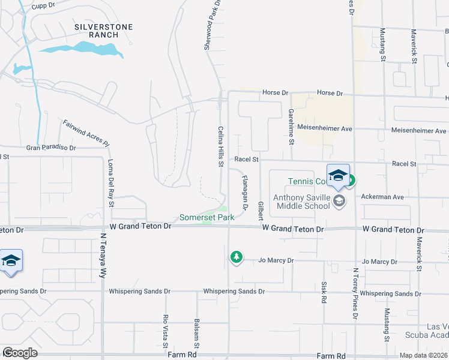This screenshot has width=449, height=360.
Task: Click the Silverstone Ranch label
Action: coord(103,31)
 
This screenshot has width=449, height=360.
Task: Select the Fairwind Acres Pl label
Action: coord(86,133)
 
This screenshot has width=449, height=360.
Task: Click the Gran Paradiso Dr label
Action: coord(51,147)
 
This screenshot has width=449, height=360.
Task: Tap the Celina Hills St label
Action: coord(220,147)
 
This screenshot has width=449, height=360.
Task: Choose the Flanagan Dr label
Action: coord(245,192)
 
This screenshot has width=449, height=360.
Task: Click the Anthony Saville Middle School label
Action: coord(301,202)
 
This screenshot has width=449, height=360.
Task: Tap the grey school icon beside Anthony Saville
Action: coord(339,200)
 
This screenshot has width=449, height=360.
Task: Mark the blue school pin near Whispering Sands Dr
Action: coord(11,260)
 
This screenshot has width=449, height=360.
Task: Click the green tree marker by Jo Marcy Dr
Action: coord(237,257)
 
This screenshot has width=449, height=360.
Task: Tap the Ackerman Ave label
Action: coord(382,197)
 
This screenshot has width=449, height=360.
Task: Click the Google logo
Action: coord(20,353)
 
